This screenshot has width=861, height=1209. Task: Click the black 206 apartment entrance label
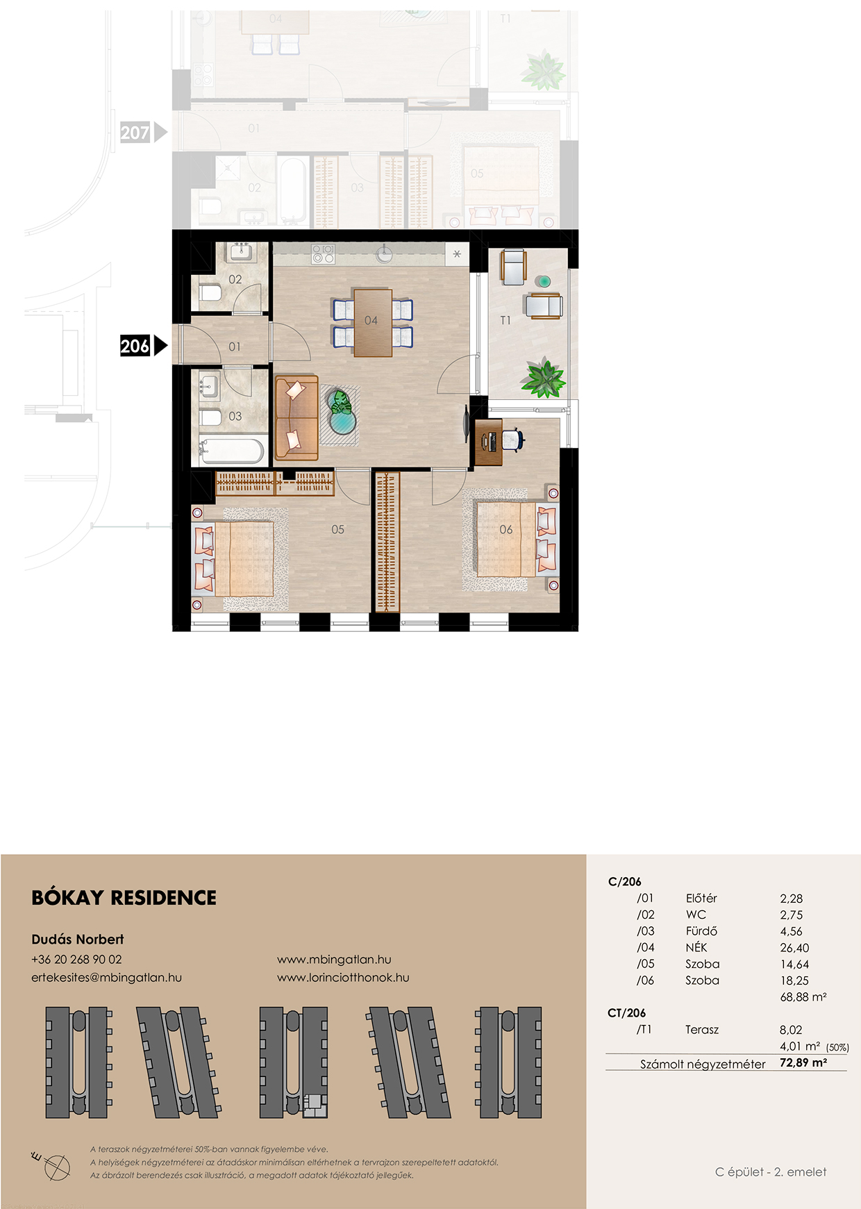click(135, 345)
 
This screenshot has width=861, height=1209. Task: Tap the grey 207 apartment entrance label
click(135, 132)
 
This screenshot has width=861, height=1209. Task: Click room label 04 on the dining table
click(371, 321)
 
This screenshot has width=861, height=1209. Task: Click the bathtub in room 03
click(231, 451)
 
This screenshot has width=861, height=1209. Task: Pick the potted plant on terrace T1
click(544, 378)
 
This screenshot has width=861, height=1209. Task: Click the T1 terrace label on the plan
click(505, 320)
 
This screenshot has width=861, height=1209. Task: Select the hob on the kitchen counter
click(323, 253)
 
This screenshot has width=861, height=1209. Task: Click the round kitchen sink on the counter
click(385, 255)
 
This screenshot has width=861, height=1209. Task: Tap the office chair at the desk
click(512, 440)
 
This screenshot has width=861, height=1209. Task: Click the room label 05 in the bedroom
click(337, 529)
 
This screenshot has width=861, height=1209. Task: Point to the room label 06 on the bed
click(506, 529)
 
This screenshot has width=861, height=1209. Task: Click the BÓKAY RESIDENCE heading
click(124, 898)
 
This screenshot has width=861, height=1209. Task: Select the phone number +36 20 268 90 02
click(76, 959)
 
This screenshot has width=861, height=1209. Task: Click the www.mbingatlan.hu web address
click(334, 960)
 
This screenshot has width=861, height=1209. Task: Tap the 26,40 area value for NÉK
click(794, 948)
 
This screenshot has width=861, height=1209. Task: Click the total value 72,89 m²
click(803, 1062)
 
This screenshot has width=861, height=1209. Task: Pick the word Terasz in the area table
click(702, 1029)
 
